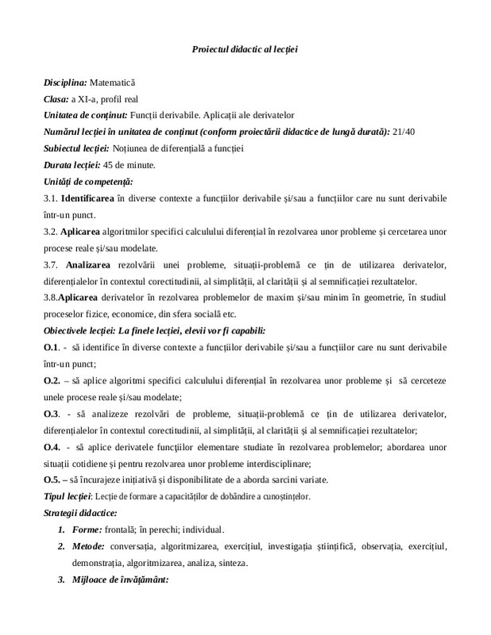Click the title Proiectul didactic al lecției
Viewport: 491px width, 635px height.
[x=245, y=49]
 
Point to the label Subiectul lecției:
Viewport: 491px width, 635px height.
[x=75, y=148]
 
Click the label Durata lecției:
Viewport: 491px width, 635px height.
[x=72, y=165]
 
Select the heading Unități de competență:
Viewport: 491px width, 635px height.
[x=88, y=182]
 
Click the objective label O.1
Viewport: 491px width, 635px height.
[x=52, y=348]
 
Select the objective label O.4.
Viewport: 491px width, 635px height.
[x=52, y=447]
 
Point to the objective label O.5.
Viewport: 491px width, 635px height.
[x=52, y=480]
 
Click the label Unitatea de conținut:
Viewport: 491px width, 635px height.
[x=85, y=115]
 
